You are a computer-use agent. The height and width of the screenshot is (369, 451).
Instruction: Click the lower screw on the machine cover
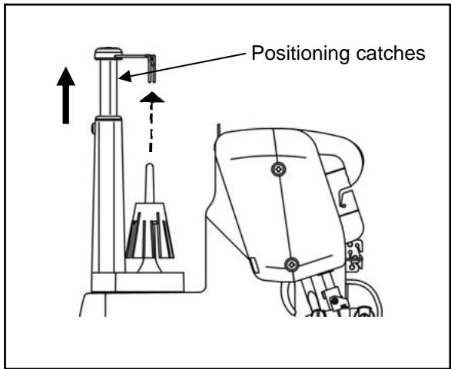click(x=290, y=264)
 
